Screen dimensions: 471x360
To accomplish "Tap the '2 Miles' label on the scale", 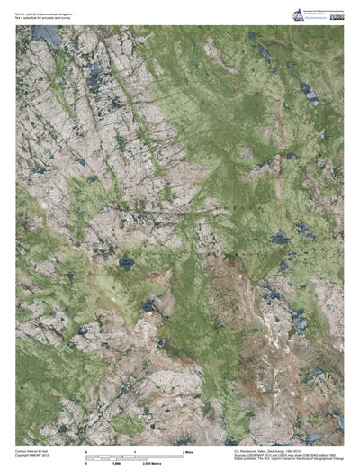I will [x=188, y=451].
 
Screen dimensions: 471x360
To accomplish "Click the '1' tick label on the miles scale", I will [x=135, y=451].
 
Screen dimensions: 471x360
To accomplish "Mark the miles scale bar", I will [x=135, y=455].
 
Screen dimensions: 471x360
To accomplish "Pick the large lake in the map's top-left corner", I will [x=45, y=37].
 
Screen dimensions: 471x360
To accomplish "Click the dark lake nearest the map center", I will [x=126, y=263].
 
